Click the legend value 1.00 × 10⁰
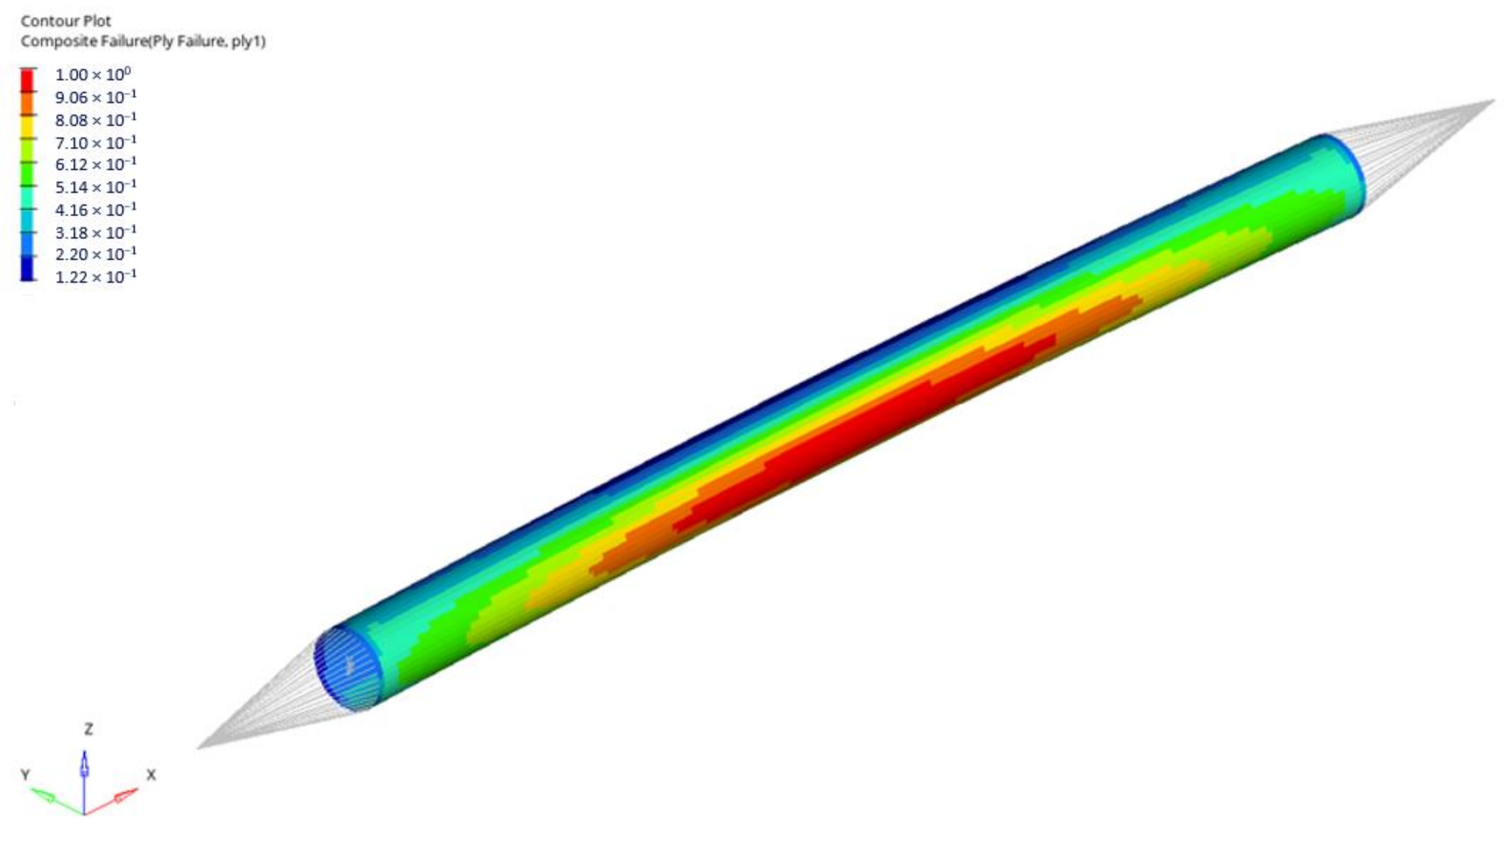(93, 75)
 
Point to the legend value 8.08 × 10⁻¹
(96, 120)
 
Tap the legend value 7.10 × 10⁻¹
(96, 142)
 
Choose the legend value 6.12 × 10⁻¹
(96, 165)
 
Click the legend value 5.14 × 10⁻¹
(96, 187)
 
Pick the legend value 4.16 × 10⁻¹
(96, 210)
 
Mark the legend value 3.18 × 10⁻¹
(96, 232)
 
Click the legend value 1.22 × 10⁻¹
(96, 277)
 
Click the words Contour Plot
(66, 21)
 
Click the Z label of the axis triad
(88, 729)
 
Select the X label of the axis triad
(151, 775)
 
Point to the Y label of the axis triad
(25, 775)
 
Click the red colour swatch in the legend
(27, 80)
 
